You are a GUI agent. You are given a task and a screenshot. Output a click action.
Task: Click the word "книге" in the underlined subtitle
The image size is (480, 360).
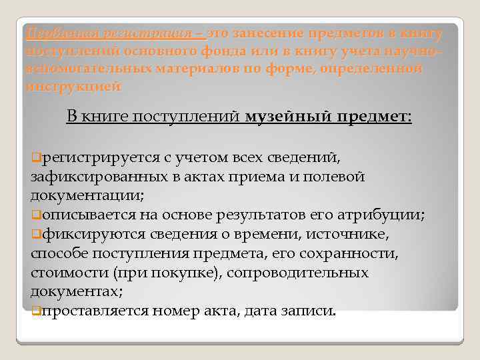point(107,117)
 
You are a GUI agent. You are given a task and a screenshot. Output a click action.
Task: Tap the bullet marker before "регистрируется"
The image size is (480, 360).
point(35,158)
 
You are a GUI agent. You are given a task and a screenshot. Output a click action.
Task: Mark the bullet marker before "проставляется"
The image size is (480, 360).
point(35,311)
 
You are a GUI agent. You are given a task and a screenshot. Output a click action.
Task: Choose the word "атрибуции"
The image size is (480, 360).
point(391,215)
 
